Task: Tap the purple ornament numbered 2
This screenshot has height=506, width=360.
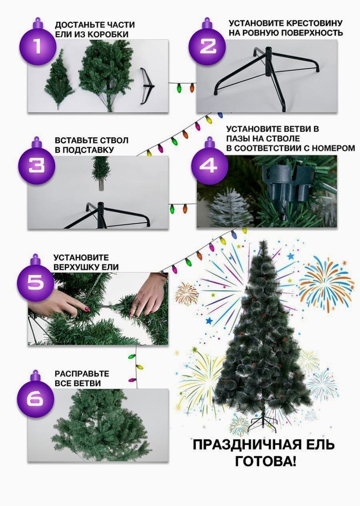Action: (x=207, y=44)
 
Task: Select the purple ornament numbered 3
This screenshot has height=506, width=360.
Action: (x=37, y=164)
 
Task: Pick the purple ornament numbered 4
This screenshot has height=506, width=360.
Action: (x=210, y=164)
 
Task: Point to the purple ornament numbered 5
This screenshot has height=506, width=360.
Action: (x=35, y=280)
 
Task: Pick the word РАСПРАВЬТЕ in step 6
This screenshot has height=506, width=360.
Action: (x=82, y=374)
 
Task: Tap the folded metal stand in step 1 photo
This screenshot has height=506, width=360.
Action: (x=147, y=86)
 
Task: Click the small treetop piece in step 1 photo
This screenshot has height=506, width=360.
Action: (x=60, y=80)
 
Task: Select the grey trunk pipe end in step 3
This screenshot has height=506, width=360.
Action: (x=101, y=186)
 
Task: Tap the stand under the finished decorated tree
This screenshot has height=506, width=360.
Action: (x=262, y=423)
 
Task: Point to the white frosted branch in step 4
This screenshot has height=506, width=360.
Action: (x=230, y=207)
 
